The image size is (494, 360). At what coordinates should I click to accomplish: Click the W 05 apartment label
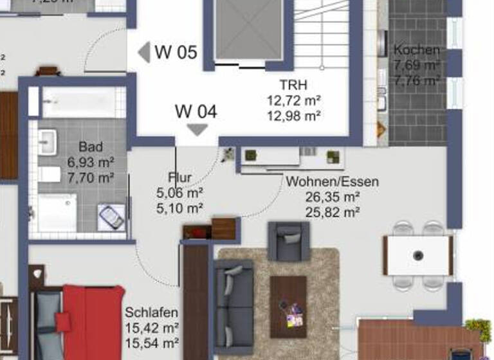pos(176,52)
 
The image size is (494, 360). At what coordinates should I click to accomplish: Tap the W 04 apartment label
pos(196,111)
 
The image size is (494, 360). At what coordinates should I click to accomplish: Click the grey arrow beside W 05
pos(144,52)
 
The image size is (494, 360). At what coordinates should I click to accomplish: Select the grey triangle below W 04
pos(196,130)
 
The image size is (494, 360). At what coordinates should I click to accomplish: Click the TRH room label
pos(293,85)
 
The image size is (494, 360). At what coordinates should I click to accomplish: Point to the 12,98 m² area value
pos(293,116)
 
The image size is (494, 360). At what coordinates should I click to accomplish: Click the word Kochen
pos(417,50)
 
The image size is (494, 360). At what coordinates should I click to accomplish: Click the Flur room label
pos(179,177)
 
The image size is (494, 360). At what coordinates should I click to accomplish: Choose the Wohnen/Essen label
pos(332,182)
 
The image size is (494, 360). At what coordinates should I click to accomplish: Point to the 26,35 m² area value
pos(332,197)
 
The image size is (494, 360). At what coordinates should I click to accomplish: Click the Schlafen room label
pos(152,312)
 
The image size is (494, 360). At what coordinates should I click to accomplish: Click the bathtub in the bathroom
pos(78,102)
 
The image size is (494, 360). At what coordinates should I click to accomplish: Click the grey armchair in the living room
pos(288,240)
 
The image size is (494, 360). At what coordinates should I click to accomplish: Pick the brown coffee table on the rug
pos(288,307)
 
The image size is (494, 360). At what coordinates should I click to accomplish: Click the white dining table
pos(418,255)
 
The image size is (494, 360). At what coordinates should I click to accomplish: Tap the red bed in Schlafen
pos(92,321)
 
